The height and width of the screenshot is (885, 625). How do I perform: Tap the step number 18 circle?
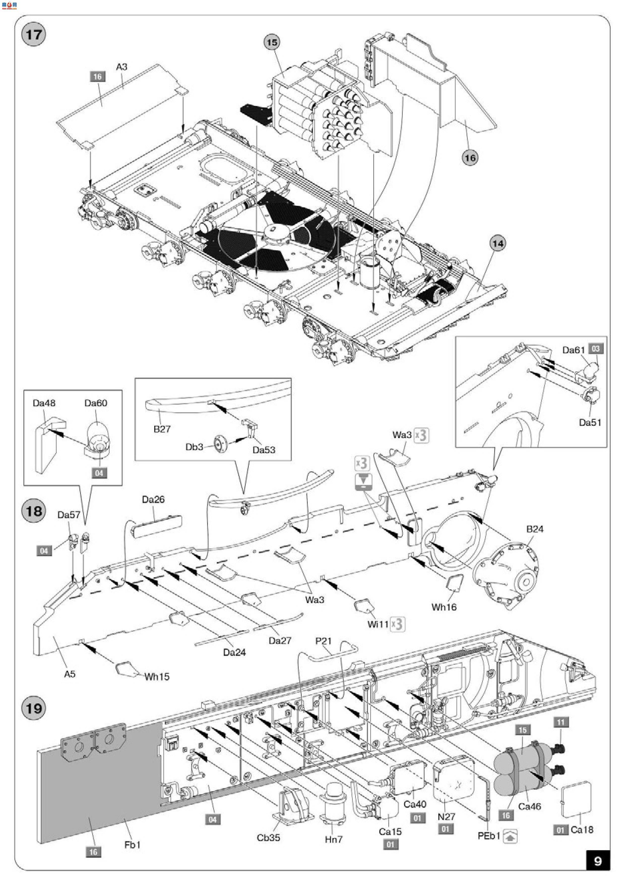point(34,511)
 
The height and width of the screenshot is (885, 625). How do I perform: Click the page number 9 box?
point(598,861)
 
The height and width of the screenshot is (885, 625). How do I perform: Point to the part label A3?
point(122,67)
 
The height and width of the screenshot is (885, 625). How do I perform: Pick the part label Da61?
point(573,350)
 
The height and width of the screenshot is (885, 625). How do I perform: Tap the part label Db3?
point(194,447)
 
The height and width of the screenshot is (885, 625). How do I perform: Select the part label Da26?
point(153,500)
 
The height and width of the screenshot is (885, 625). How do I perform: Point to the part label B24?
point(535,529)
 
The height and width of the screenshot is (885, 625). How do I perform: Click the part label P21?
point(324,641)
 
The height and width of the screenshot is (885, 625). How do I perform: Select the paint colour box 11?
point(561,722)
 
